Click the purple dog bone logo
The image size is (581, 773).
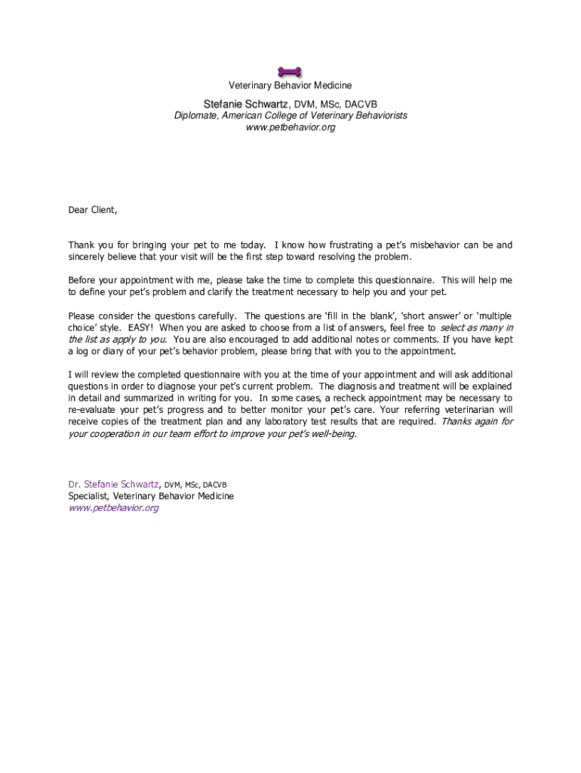tap(290, 72)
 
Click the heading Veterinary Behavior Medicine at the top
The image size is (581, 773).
tap(290, 86)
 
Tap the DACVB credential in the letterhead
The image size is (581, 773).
tap(361, 103)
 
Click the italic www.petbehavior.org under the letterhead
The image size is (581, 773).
tap(290, 128)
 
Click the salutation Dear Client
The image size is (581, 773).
tap(93, 210)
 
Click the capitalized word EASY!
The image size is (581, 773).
tap(141, 328)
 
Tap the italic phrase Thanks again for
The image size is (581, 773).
tap(477, 421)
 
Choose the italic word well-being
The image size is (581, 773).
tap(329, 434)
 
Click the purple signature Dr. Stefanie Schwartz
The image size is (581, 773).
tap(114, 484)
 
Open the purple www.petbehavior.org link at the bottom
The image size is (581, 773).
tap(113, 508)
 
